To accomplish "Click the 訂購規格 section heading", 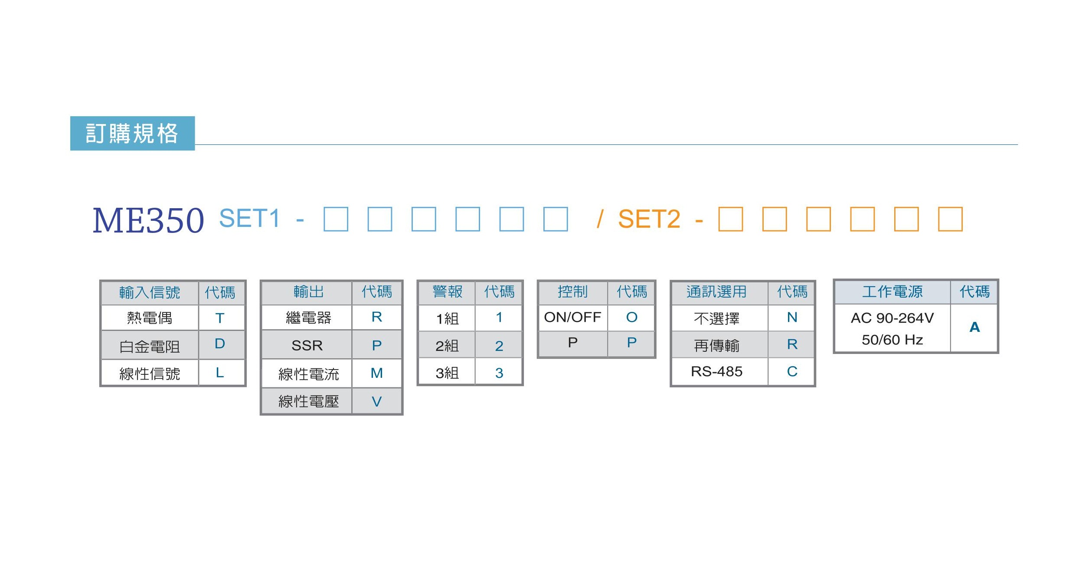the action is click(x=132, y=133).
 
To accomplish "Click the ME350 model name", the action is click(x=148, y=220).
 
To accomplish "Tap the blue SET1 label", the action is click(x=249, y=218).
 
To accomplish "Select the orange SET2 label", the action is click(x=649, y=219).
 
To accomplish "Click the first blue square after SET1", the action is click(x=336, y=219).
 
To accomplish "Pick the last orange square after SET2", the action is click(x=950, y=219).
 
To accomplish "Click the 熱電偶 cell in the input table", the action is click(x=150, y=318).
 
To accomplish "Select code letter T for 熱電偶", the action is click(x=220, y=318).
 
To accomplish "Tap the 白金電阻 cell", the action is click(x=150, y=346).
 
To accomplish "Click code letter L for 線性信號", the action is click(x=220, y=373).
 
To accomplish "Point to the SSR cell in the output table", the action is click(x=307, y=345).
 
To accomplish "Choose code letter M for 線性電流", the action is click(x=377, y=373).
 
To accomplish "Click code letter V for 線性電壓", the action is click(x=377, y=402).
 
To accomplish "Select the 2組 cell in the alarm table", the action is click(x=447, y=346).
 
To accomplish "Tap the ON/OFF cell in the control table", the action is click(x=572, y=317).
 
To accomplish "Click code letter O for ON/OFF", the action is click(x=632, y=317).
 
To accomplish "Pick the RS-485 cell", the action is click(x=717, y=371).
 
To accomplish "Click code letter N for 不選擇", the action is click(x=792, y=317).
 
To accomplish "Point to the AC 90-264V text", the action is click(x=892, y=318).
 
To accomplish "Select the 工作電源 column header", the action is click(x=892, y=291).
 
